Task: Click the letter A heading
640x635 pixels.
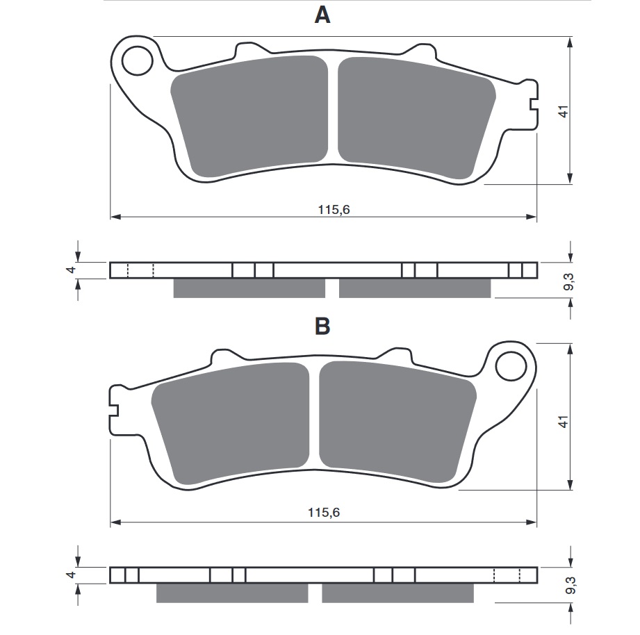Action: coord(322,15)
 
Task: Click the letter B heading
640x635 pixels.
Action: coord(322,326)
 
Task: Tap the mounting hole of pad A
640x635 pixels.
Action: coord(137,61)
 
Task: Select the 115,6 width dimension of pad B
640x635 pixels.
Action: coord(324,513)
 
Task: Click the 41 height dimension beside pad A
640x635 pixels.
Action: coord(563,111)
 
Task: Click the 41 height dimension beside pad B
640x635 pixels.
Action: coord(563,420)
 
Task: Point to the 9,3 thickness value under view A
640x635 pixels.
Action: coord(568,282)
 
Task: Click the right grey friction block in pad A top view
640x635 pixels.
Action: coord(413,115)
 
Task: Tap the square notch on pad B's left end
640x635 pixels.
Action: coord(115,410)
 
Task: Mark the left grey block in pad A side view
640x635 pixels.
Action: coord(249,288)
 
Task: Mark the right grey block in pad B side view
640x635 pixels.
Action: coord(397,593)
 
